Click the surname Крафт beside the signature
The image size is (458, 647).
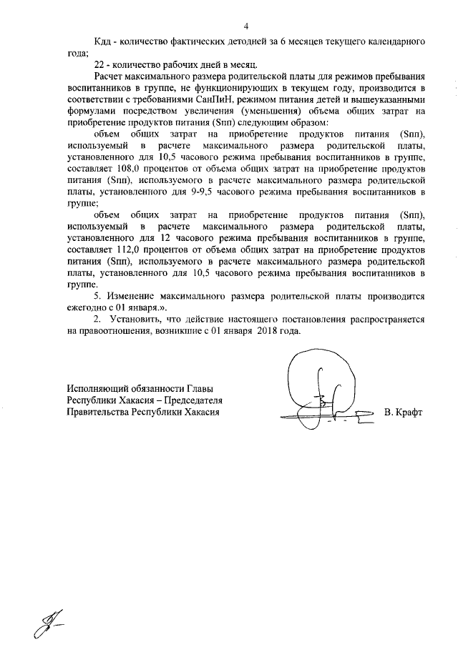click(404, 413)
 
